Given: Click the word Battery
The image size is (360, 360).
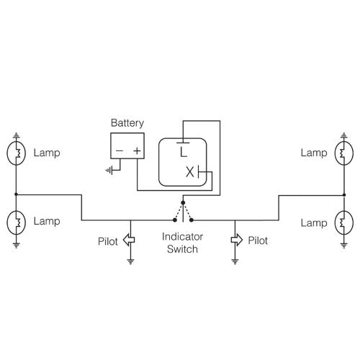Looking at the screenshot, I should (x=127, y=123).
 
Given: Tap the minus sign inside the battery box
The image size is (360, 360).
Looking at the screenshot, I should (x=119, y=152).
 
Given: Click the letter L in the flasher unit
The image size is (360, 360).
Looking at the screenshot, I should (x=184, y=152).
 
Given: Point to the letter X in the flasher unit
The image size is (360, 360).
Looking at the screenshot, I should (x=190, y=173).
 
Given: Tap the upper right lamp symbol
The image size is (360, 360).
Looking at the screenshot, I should (x=343, y=153).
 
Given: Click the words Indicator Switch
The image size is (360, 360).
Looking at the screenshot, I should (x=181, y=243).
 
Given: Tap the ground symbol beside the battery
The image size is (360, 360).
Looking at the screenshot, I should (x=109, y=171).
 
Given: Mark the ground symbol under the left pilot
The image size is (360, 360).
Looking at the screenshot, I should (x=130, y=261).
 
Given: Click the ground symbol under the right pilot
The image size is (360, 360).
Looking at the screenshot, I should (x=234, y=261).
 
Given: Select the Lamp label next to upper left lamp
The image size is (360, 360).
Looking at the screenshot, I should (x=46, y=153).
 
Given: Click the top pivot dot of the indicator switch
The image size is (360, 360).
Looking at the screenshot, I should (x=182, y=202).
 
